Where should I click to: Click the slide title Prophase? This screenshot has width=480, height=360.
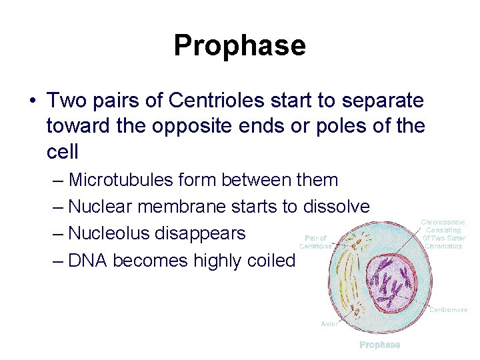tap(239, 45)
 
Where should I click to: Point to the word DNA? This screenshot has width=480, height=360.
tap(88, 261)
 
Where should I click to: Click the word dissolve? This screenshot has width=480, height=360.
tap(335, 207)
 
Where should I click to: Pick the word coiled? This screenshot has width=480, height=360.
tap(270, 261)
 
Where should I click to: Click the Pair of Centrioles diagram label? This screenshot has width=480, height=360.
tap(315, 242)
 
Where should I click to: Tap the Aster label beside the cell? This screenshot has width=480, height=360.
tap(329, 323)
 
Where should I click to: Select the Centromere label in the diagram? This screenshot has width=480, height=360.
tap(448, 309)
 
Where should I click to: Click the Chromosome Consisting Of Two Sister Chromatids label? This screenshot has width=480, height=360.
tap(443, 234)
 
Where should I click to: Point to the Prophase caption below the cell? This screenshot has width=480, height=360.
tap(380, 345)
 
